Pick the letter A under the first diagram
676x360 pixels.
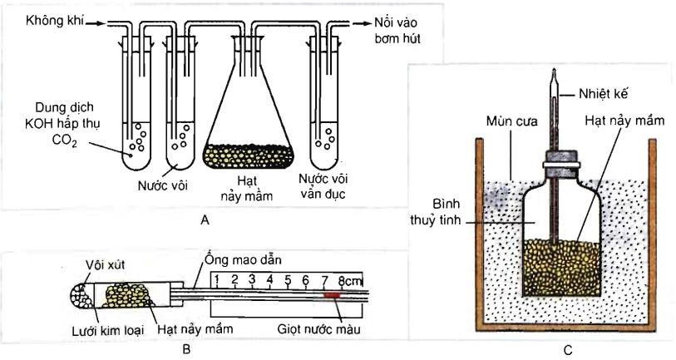(x=205, y=221)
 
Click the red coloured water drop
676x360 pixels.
(x=331, y=294)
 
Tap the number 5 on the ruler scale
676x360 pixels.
(x=288, y=279)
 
